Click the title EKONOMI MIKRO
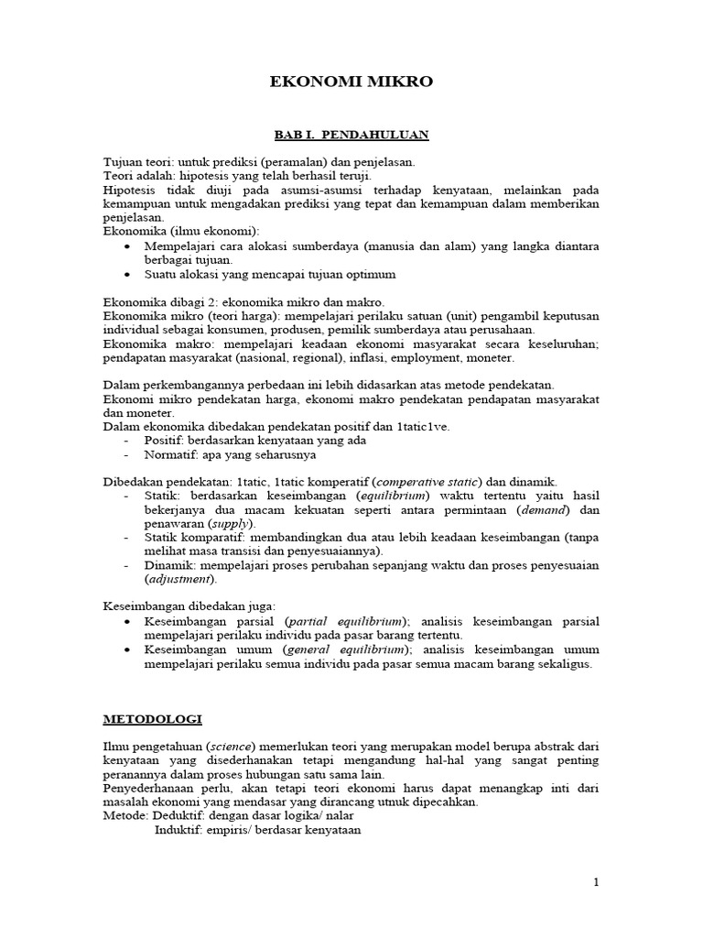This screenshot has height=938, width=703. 351,82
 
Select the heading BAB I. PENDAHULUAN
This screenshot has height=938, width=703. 352,135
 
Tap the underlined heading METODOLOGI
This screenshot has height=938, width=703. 152,720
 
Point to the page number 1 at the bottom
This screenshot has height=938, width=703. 596,882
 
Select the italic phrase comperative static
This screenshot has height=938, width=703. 428,481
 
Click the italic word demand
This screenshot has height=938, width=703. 544,508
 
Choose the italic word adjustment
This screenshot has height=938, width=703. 179,579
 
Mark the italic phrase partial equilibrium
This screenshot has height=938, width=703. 338,621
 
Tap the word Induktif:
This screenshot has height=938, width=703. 181,831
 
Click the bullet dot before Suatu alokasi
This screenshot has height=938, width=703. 126,274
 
